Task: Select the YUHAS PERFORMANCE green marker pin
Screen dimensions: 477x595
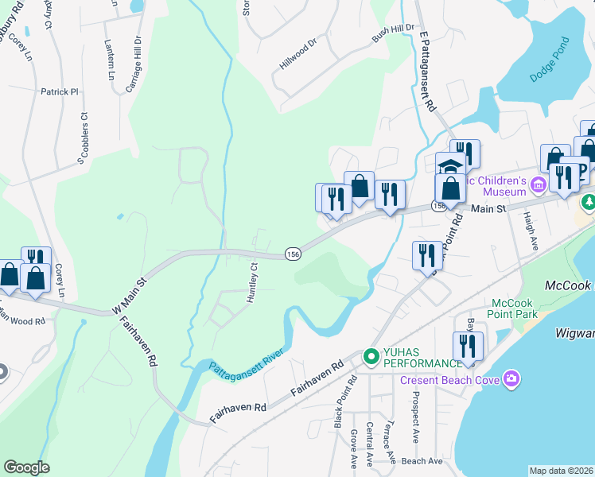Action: click(370, 356)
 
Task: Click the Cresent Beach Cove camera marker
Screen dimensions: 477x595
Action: click(511, 379)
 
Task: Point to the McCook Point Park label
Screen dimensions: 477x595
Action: click(525, 308)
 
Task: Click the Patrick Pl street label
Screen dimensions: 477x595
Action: click(60, 91)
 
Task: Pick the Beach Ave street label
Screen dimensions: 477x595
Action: click(422, 461)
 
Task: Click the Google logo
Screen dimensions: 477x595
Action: click(27, 467)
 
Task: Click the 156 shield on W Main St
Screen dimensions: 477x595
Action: click(293, 254)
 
